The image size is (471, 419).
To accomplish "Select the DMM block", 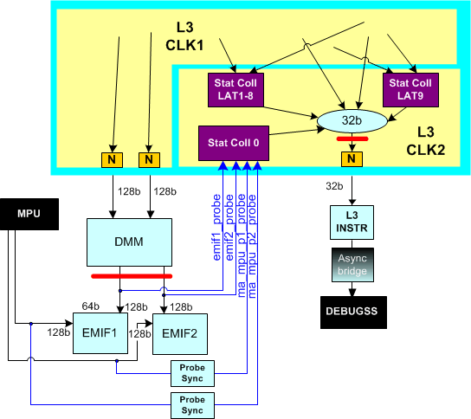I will (x=128, y=242).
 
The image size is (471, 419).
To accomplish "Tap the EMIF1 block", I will (x=100, y=332).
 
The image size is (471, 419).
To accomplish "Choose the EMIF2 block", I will (x=180, y=332).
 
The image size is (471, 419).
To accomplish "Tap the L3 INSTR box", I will (x=351, y=219).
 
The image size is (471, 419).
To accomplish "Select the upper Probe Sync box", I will (x=191, y=372).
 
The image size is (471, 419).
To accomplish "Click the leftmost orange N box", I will (x=112, y=159).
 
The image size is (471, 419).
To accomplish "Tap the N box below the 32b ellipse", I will (x=351, y=159).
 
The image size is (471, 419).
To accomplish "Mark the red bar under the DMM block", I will (x=130, y=276).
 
